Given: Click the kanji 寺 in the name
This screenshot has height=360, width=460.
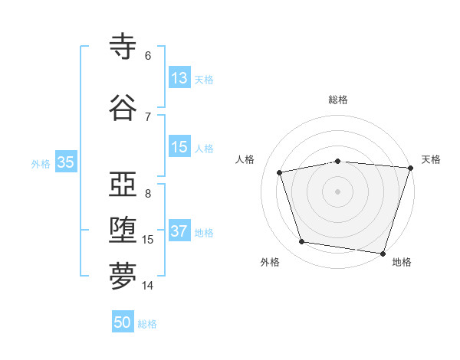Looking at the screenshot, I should [123, 47].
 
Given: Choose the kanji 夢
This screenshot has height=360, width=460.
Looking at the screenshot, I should [123, 277].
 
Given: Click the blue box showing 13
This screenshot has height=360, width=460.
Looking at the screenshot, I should [179, 78].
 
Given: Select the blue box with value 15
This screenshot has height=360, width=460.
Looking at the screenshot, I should [179, 147].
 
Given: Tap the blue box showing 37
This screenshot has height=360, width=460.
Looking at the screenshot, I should [179, 231].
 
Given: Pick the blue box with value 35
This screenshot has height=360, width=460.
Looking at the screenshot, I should [65, 162].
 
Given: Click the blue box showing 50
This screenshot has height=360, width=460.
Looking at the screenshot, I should [123, 322].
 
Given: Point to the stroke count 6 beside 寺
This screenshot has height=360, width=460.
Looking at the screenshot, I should [148, 55].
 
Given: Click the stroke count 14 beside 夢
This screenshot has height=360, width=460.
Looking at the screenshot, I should [148, 286].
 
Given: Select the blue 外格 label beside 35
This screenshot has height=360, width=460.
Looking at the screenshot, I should [41, 163].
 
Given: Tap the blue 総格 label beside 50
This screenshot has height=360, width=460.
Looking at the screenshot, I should [147, 324].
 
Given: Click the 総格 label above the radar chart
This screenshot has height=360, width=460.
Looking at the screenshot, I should [338, 100].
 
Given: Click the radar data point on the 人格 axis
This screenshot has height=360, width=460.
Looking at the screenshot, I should [280, 172].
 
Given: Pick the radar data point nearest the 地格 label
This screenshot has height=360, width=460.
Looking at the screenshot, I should [382, 253].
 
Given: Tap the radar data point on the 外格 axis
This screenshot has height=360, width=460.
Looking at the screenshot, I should [302, 242].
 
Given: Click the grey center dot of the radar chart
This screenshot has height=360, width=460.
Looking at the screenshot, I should [337, 191].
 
